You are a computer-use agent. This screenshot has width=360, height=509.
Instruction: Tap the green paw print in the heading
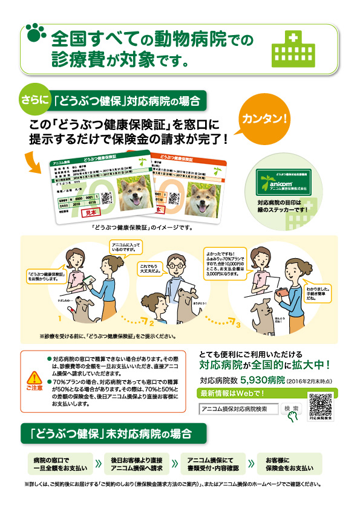(36, 34)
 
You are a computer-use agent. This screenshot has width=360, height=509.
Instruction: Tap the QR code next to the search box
(320, 404)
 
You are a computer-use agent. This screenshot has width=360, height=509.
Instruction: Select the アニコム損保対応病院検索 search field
(239, 409)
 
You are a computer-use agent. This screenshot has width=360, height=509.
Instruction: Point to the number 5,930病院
(262, 381)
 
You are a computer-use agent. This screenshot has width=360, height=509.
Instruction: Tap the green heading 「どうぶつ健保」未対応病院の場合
(113, 434)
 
